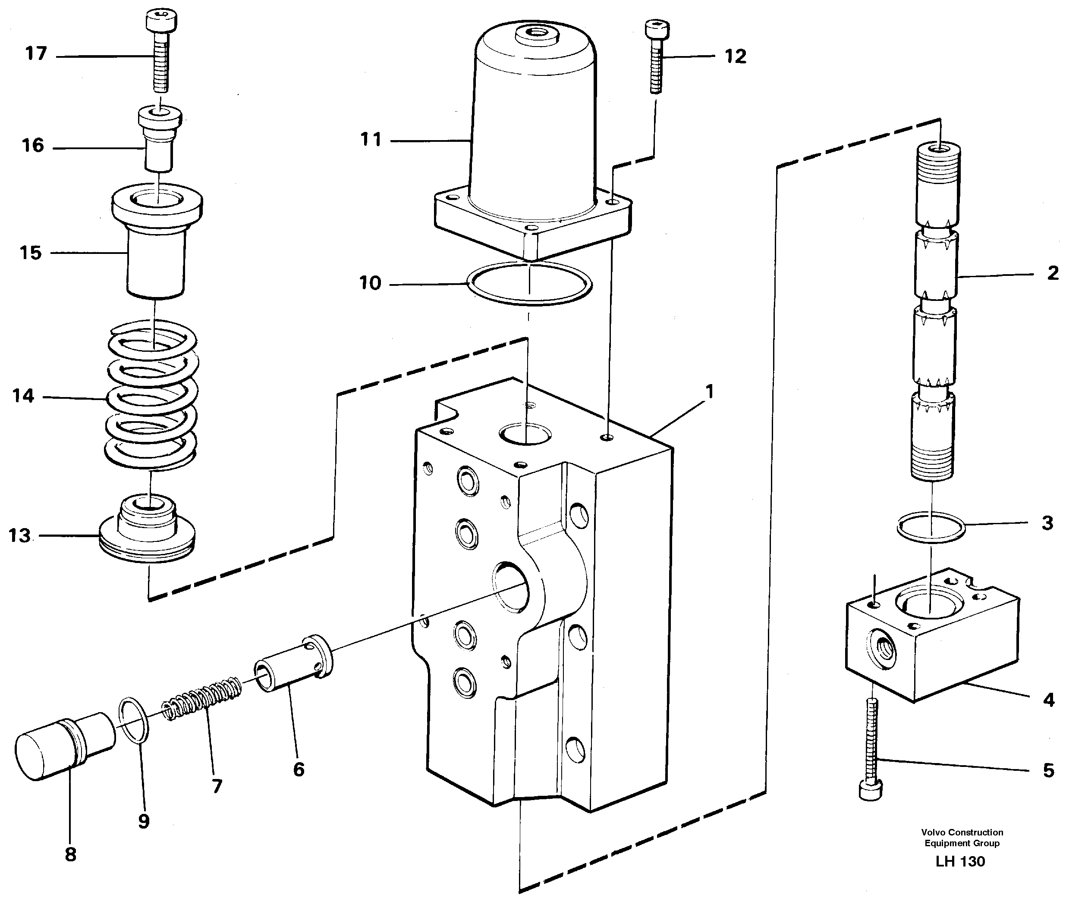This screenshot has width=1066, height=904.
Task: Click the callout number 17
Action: coord(36,53)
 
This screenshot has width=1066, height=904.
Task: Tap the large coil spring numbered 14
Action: coord(151,394)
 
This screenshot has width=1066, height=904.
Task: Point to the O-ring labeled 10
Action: coord(530,283)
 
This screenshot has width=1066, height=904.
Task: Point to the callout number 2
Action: coord(1053,273)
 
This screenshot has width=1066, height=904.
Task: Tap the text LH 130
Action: coord(960,861)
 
